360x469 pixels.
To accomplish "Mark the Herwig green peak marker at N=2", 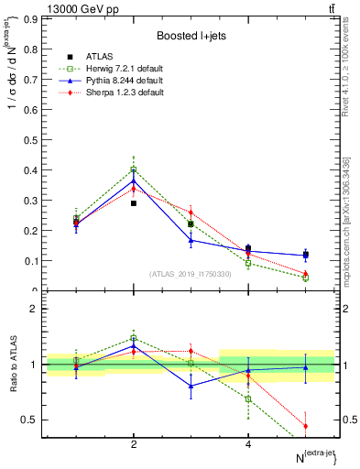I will click(x=134, y=169).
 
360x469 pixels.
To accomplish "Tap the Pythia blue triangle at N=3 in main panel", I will click(x=191, y=240).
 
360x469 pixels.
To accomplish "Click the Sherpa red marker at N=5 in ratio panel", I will click(x=305, y=426).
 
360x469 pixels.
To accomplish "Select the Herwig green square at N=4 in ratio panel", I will click(x=248, y=398).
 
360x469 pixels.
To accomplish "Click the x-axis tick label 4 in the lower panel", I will click(x=248, y=444).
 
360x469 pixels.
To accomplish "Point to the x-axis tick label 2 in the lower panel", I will click(x=134, y=444).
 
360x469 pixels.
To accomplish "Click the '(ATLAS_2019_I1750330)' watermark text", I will click(x=191, y=273).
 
